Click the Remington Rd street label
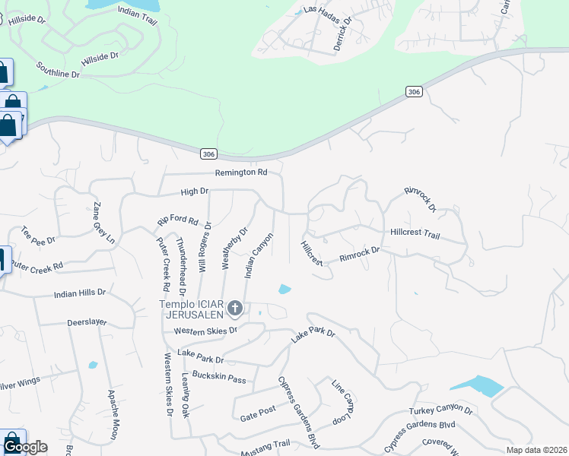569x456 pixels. tap(241, 173)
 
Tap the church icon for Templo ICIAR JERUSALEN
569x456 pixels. tap(235, 308)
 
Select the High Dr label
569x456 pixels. tap(194, 192)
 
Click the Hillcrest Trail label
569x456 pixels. tap(415, 234)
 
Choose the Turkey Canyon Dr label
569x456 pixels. tap(441, 411)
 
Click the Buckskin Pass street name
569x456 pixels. tap(219, 378)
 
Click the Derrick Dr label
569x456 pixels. tap(342, 34)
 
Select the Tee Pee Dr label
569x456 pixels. tap(38, 238)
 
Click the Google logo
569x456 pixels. tap(25, 446)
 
